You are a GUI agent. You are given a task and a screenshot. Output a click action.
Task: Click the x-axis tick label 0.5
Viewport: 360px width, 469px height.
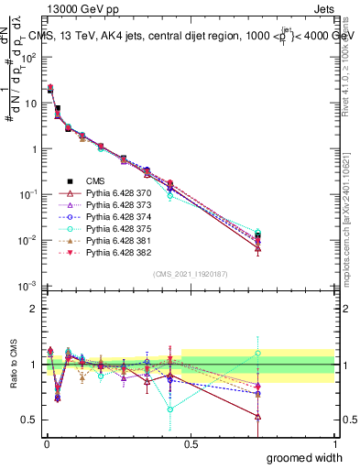point(190,443)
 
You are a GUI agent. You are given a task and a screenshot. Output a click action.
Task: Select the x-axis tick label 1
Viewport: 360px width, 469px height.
point(334,443)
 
